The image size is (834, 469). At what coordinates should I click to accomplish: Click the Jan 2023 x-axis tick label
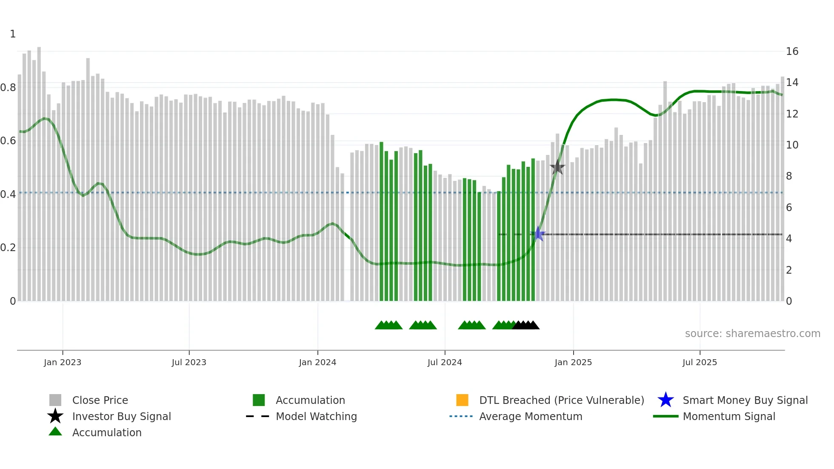click(x=62, y=362)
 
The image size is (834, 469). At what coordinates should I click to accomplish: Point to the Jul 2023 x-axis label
click(x=189, y=362)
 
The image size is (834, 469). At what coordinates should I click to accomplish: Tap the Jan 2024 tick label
click(x=317, y=362)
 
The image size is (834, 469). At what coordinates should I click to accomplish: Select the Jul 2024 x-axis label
click(x=445, y=362)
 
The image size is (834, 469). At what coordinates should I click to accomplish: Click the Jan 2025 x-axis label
click(x=573, y=362)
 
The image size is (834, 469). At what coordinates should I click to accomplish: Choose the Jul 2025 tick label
click(x=700, y=362)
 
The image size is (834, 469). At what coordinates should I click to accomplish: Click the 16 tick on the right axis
click(x=792, y=51)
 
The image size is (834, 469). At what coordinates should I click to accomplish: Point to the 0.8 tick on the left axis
click(x=9, y=88)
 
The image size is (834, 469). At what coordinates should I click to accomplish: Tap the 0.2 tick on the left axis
click(x=9, y=248)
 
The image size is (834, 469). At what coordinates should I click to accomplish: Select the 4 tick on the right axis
click(x=789, y=239)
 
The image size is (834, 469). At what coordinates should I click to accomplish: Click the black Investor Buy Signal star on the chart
click(x=557, y=168)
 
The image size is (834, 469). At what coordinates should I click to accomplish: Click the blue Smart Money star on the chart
click(x=538, y=234)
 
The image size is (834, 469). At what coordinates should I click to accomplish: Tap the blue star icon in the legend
click(x=665, y=400)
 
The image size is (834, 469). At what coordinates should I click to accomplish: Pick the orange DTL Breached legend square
click(x=462, y=400)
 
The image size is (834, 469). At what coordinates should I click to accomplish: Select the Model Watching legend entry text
click(x=316, y=416)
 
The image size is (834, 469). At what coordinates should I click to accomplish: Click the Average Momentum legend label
click(x=531, y=416)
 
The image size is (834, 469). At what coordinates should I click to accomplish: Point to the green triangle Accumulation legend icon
click(x=55, y=432)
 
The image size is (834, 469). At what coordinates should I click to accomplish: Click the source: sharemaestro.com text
click(x=752, y=334)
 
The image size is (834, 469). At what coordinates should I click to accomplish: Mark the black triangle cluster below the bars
click(x=526, y=325)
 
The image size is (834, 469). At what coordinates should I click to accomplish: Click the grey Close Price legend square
click(x=55, y=400)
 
